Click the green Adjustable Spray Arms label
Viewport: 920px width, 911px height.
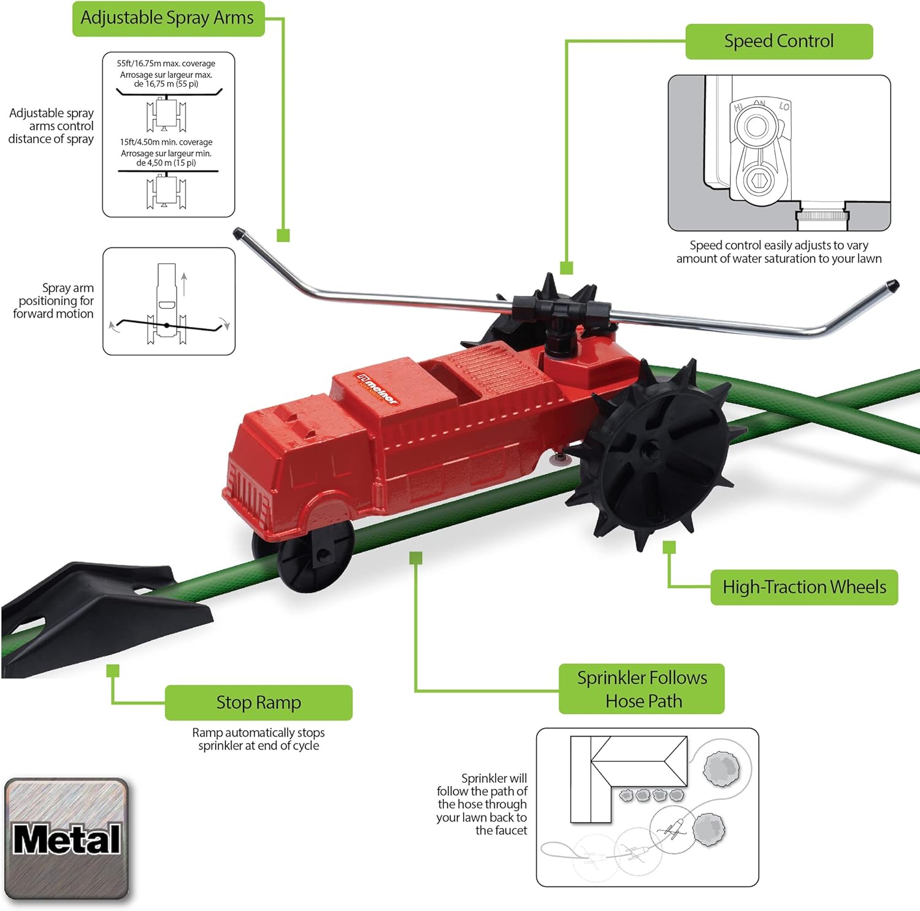167,18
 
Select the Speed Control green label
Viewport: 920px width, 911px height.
778,41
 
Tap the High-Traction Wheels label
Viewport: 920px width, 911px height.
803,587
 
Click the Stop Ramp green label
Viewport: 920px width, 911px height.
258,702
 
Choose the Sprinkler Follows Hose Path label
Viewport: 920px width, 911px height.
642,689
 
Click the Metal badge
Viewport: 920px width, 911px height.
66,839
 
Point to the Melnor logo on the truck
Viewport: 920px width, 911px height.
378,388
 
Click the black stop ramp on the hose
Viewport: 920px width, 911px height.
104,620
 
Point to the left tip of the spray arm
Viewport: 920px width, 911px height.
238,233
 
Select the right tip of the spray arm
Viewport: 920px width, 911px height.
892,285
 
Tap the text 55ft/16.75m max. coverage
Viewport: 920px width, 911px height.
166,63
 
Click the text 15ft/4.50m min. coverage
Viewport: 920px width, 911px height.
166,142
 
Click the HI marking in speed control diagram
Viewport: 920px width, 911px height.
738,108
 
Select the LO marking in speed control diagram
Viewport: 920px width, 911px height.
784,107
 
